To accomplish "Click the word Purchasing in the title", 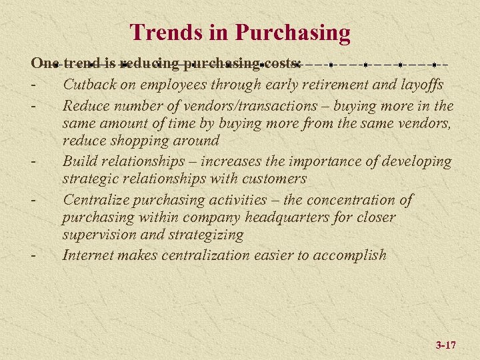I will point(293,33).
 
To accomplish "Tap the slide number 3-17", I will point(445,345).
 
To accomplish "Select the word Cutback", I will point(90,84).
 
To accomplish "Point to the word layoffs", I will point(419,85).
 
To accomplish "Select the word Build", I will point(79,161).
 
